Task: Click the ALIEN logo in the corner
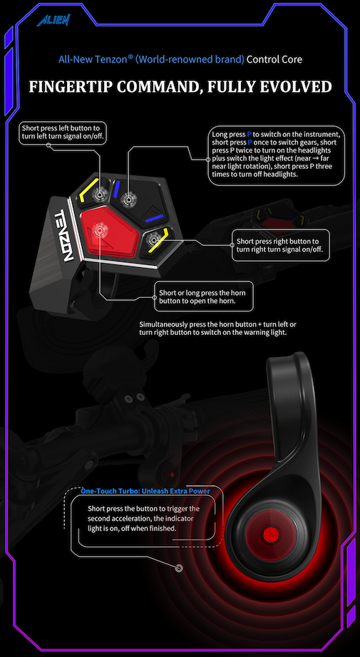pyautogui.click(x=53, y=20)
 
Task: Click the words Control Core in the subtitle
pyautogui.click(x=274, y=59)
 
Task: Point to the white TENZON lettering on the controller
pyautogui.click(x=63, y=234)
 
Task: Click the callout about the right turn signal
pyautogui.click(x=281, y=245)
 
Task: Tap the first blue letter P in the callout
pyautogui.click(x=250, y=135)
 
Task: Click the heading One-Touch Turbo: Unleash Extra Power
pyautogui.click(x=145, y=490)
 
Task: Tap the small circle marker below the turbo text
pyautogui.click(x=180, y=568)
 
